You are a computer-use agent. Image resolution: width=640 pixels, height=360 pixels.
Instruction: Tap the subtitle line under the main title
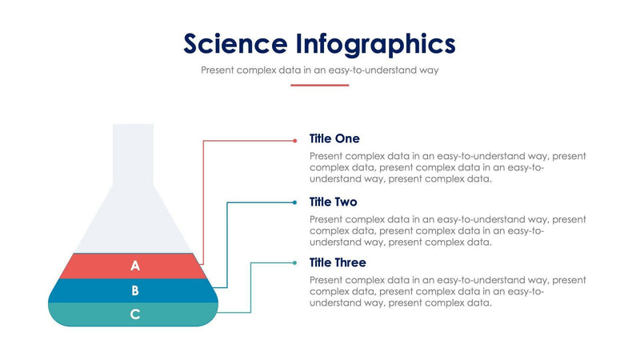(319, 70)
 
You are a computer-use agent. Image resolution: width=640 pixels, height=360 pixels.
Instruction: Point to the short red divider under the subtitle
(319, 85)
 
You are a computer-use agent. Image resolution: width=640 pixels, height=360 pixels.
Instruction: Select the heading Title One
(334, 138)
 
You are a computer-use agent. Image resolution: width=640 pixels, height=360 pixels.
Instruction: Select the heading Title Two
(334, 202)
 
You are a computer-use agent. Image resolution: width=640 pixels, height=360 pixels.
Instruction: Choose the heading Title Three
(338, 262)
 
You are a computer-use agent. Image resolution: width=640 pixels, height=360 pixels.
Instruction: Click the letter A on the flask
(135, 266)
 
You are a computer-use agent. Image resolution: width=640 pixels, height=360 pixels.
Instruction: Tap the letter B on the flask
(135, 290)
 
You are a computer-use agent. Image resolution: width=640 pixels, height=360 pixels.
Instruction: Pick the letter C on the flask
(135, 314)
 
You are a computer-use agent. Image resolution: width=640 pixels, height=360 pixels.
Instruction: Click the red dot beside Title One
(294, 140)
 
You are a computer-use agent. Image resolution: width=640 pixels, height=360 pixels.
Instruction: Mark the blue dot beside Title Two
(294, 202)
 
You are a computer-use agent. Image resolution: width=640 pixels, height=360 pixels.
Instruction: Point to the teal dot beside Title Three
(294, 262)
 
